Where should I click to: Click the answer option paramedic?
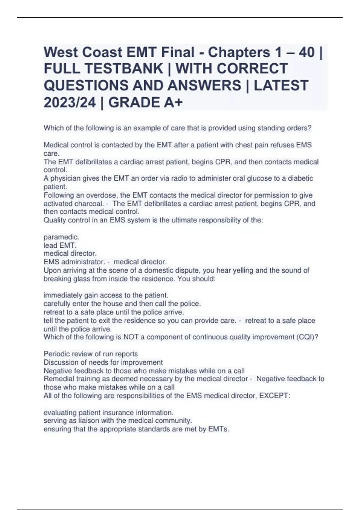click(61, 237)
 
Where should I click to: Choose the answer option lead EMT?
click(60, 245)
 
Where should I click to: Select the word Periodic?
click(56, 354)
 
